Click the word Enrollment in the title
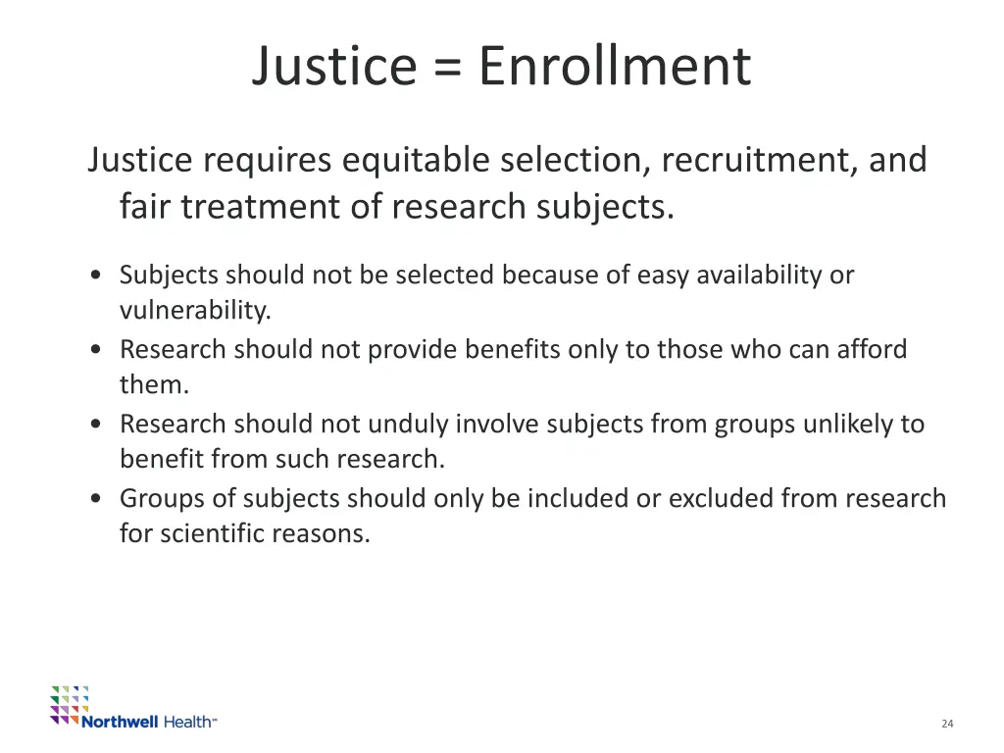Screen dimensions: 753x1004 point(615,67)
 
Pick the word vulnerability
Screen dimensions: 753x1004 point(194,311)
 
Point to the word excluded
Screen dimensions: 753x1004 point(721,498)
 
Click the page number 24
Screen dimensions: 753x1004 point(947,724)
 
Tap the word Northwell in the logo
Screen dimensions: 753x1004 point(120,722)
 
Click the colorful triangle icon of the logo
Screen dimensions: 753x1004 point(70,704)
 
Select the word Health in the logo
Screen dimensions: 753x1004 point(188,722)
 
